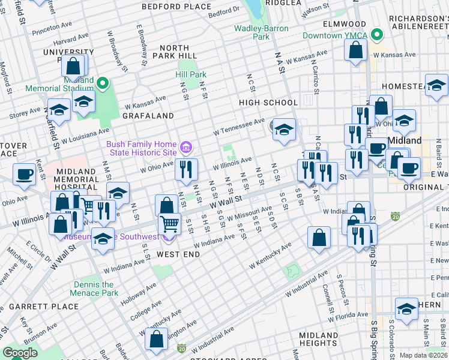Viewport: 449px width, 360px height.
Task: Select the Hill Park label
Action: pos(191,74)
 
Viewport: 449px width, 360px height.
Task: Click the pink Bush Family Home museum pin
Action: pos(185,147)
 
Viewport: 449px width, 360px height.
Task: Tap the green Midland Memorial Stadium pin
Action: pos(103,83)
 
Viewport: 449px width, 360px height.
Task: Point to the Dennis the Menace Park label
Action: pos(93,289)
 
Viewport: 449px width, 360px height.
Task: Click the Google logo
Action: pos(20,353)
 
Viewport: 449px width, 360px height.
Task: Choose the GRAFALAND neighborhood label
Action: pos(148,115)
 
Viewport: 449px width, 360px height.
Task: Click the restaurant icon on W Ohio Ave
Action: pos(187,169)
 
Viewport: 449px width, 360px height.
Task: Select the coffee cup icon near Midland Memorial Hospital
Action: pos(25,175)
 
